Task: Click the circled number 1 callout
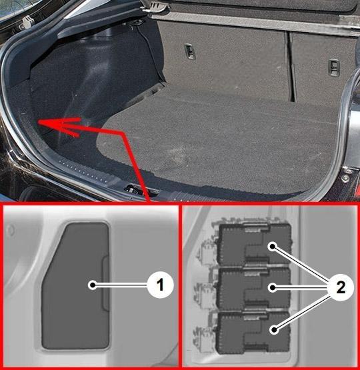pos(161,285)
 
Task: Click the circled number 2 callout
pos(341,287)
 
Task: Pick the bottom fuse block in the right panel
pos(253,333)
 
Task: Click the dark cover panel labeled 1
pos(75,285)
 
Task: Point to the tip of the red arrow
pos(38,122)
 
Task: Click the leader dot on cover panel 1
pos(93,285)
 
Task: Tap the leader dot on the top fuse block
pos(273,247)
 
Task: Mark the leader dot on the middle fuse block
pos(273,287)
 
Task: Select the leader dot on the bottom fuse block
pos(274,329)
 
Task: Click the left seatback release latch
pos(190,51)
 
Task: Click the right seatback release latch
pos(334,68)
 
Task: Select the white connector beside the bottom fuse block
pos(203,335)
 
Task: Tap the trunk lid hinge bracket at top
pos(152,7)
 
